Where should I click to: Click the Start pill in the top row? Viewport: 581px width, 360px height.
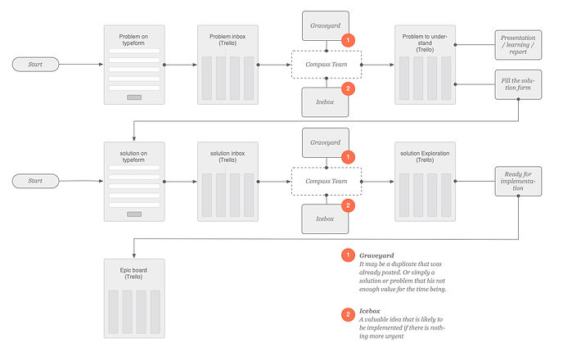click(35, 63)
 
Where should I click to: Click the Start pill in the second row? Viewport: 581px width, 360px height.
click(35, 180)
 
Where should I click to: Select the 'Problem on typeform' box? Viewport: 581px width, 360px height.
click(134, 64)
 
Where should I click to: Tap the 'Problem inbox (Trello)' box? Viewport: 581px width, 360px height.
click(227, 64)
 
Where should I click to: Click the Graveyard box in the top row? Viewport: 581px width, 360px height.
click(326, 25)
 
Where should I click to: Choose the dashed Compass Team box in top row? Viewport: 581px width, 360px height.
click(327, 64)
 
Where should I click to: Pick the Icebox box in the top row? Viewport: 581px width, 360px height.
click(326, 102)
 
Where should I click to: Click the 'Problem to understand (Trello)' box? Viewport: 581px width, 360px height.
click(424, 64)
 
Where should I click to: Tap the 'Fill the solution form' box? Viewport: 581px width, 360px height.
click(518, 84)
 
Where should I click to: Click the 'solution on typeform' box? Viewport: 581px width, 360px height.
click(134, 181)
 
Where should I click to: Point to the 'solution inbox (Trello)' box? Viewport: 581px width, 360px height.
click(227, 181)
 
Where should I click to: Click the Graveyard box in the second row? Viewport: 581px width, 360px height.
click(326, 142)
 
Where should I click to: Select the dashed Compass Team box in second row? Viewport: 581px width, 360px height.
click(327, 180)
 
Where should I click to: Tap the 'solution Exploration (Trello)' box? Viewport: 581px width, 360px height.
click(424, 181)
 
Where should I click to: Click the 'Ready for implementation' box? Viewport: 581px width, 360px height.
click(518, 181)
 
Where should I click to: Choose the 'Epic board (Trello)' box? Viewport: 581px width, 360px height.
click(134, 298)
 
